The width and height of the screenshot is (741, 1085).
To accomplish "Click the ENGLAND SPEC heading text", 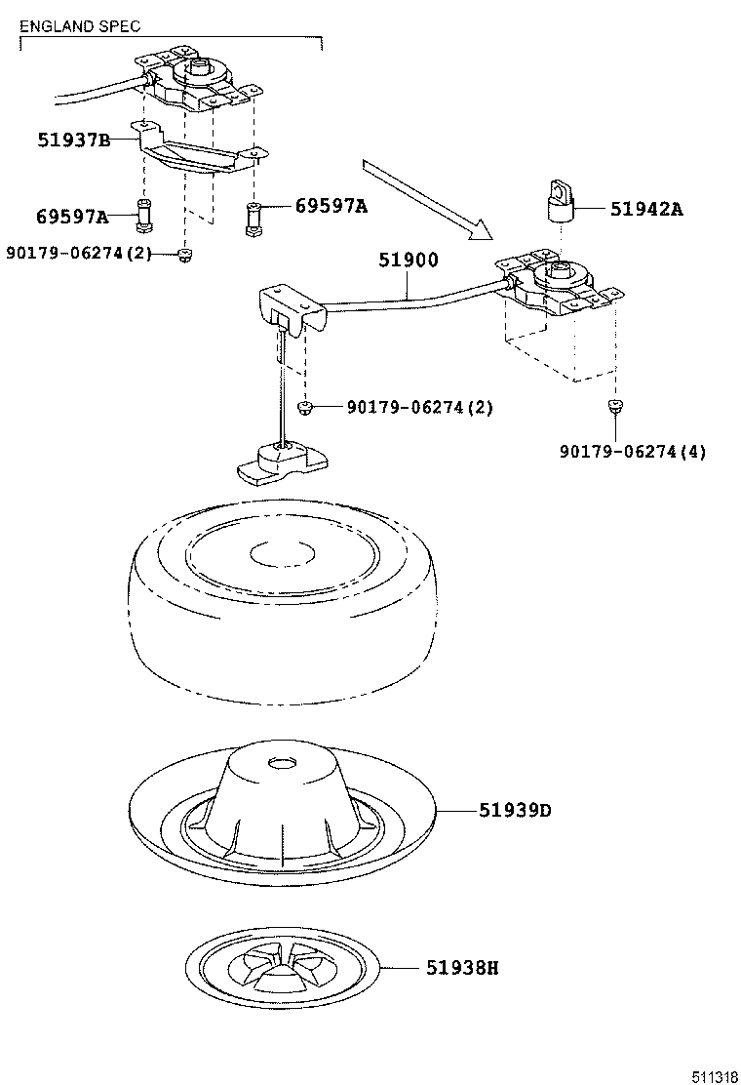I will pos(80,26).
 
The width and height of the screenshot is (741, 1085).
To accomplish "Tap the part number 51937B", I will pos(74,141).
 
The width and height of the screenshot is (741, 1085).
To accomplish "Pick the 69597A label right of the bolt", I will pos(331,205).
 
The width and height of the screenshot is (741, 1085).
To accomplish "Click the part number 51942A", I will pos(645,208).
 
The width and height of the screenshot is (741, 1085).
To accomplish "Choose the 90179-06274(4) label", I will pos(633,451).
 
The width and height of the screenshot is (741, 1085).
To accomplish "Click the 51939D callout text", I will pos(515,810).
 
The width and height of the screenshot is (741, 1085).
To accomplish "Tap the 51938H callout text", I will pos(461,968).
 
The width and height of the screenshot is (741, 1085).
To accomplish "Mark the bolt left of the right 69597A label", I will pos(253,220).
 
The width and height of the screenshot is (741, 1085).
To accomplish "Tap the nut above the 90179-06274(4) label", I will pos(614,407).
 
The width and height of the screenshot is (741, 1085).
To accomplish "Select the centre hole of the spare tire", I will pos(281,554).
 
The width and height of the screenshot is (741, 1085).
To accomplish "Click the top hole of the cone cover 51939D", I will pos(283,762).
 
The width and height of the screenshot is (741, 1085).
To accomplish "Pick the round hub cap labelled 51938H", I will pos(282,969).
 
